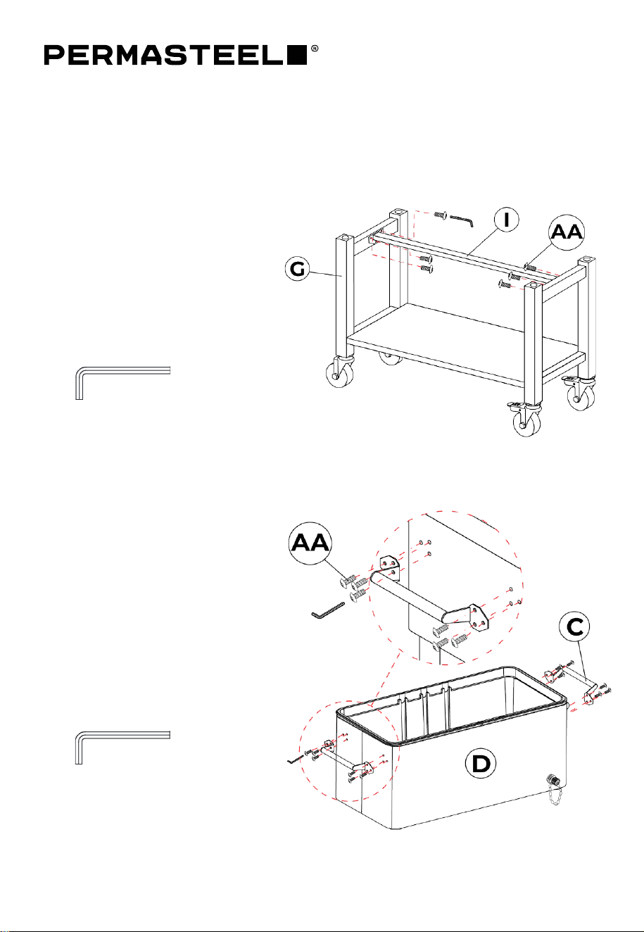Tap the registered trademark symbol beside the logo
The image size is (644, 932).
click(x=315, y=49)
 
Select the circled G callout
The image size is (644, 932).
click(x=298, y=269)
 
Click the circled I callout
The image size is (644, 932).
click(x=506, y=220)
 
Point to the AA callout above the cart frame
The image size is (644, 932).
click(x=567, y=233)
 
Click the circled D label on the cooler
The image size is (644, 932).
click(x=480, y=764)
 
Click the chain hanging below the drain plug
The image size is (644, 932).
click(x=556, y=794)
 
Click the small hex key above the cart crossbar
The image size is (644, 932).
click(x=462, y=220)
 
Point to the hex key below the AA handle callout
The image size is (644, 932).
click(x=328, y=610)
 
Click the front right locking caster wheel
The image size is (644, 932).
click(x=526, y=422)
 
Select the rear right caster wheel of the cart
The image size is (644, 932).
click(x=581, y=394)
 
